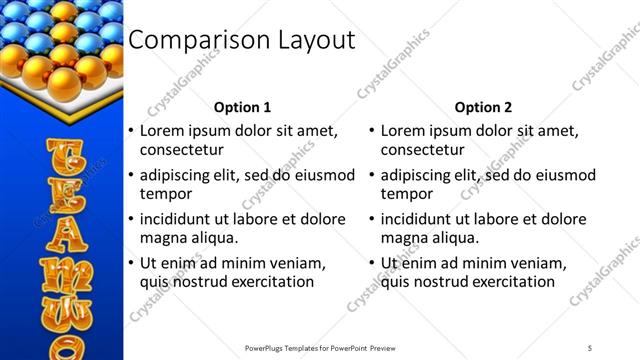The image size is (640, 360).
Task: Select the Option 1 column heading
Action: pos(242,107)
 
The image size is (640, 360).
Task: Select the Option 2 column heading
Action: pos(483,107)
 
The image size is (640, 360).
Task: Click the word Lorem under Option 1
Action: pos(162,130)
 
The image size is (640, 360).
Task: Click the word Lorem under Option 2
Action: pos(403,130)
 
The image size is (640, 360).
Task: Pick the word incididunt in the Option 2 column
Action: pos(421,219)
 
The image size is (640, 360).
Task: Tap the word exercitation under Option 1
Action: pos(269,282)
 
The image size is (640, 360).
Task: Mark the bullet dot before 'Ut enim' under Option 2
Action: pos(372,264)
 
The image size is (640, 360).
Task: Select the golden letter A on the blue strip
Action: pos(60,236)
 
